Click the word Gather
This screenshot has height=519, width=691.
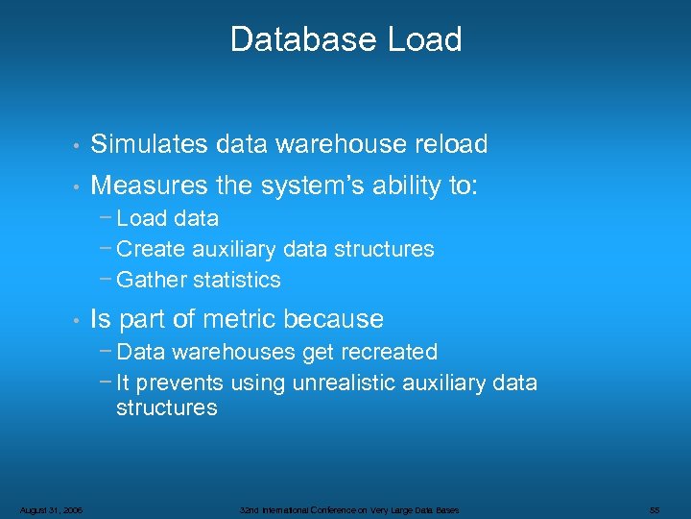coord(152,280)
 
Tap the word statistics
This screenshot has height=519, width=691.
coord(237,280)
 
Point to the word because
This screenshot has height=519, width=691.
coord(340,319)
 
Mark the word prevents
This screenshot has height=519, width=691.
coord(179,383)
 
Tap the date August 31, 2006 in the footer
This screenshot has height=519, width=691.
coord(50,509)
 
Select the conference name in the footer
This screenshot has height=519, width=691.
coord(350,509)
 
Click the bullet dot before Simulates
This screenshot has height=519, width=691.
coord(74,146)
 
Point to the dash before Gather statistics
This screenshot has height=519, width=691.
coord(105,278)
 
